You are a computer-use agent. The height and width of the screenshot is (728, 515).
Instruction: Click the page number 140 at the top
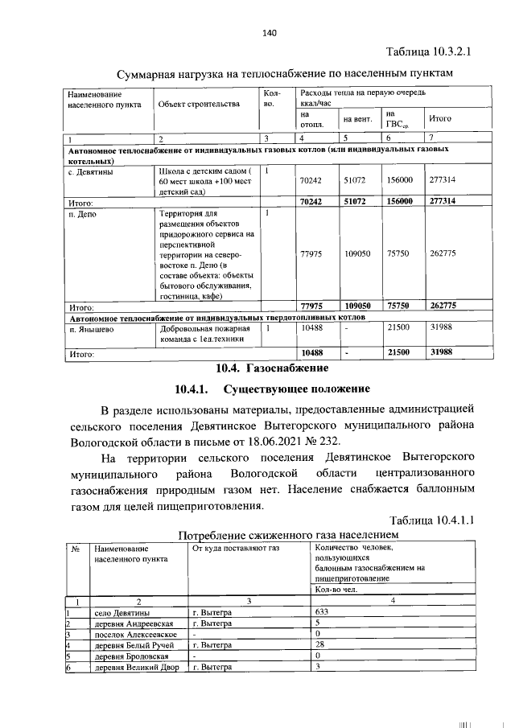269,33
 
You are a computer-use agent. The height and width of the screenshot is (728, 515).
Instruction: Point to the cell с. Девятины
90,171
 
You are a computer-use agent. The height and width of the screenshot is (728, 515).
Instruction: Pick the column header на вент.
356,119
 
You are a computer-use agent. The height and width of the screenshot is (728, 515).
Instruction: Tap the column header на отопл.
311,119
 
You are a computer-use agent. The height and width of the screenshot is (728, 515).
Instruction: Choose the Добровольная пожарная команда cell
204,334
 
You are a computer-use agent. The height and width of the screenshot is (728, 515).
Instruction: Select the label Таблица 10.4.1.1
431,520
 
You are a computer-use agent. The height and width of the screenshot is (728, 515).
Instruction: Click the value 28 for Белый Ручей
320,645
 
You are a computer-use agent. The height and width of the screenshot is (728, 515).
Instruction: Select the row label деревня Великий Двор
134,667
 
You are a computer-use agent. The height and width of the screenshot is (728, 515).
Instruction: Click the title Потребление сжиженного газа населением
287,535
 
